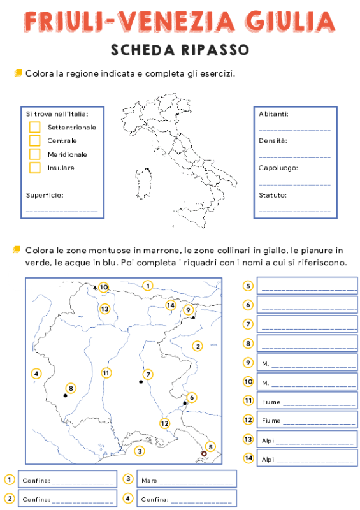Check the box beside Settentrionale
(x=35, y=127)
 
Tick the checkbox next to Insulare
(x=35, y=168)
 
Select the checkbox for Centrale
(x=35, y=141)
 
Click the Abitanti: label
(x=273, y=114)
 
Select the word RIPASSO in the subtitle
(x=206, y=50)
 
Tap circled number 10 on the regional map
(x=104, y=288)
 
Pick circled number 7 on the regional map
(x=148, y=374)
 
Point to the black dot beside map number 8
(x=65, y=395)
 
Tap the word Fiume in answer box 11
(x=271, y=402)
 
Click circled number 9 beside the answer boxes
(x=248, y=363)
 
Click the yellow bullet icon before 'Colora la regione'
(x=18, y=73)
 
